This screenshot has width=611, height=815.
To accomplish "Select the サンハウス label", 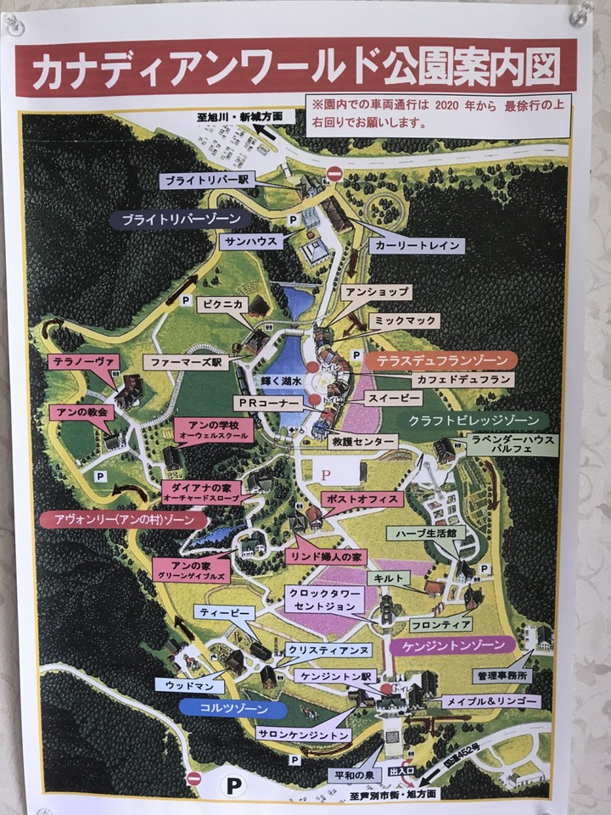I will coord(249,242).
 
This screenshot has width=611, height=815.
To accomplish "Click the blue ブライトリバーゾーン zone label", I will coord(181,219).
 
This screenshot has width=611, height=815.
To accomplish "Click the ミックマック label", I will coord(405,321).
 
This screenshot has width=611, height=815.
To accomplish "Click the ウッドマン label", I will coord(189,684).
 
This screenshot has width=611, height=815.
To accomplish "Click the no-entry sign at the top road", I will coord(334,174).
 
